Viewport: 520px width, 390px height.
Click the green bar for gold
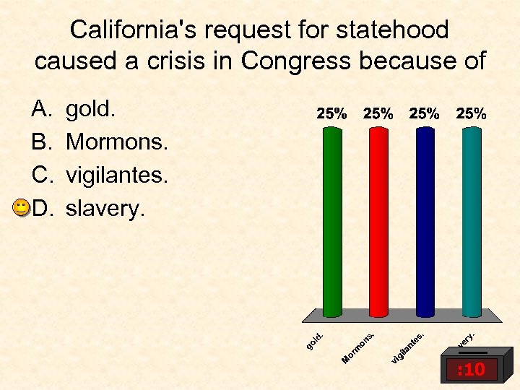tap(332, 220)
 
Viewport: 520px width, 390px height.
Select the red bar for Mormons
tap(378, 220)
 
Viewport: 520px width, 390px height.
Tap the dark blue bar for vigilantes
tap(425, 220)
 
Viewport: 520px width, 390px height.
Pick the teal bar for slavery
tap(471, 220)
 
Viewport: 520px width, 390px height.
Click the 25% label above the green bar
tap(332, 113)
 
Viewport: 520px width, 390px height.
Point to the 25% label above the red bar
tap(378, 113)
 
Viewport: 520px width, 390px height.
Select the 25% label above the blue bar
tap(425, 113)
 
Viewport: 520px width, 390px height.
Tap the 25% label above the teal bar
tap(471, 113)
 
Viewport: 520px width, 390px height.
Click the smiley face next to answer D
tap(22, 209)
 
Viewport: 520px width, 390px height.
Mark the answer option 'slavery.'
tap(105, 209)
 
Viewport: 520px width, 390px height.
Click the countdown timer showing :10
tap(470, 370)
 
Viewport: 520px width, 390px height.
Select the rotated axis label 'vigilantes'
tap(408, 347)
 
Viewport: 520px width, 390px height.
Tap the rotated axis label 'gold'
tap(315, 340)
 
